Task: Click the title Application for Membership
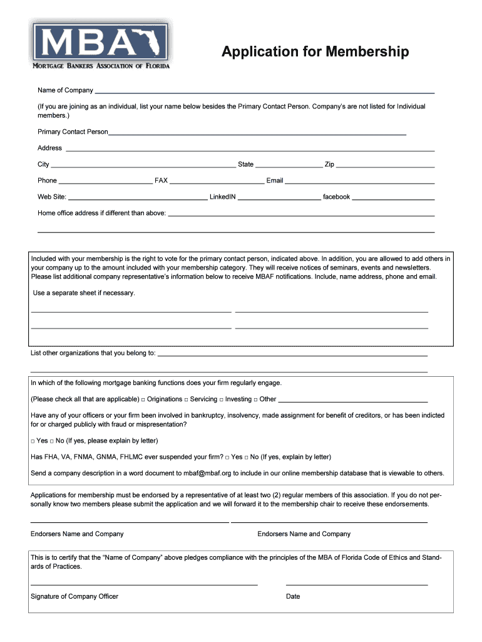[315, 51]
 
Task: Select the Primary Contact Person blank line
[257, 133]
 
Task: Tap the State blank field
[289, 166]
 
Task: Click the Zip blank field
[385, 166]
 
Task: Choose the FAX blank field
[217, 182]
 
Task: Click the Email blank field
[360, 182]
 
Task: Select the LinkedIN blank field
[279, 198]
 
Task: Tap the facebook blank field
[393, 198]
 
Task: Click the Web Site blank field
[138, 198]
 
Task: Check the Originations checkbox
[143, 399]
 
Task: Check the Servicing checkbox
[187, 399]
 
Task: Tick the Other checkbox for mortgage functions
[256, 399]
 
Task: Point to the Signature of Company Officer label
[74, 596]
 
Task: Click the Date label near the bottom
[293, 596]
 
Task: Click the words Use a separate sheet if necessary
[84, 293]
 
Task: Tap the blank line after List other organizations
[292, 354]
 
